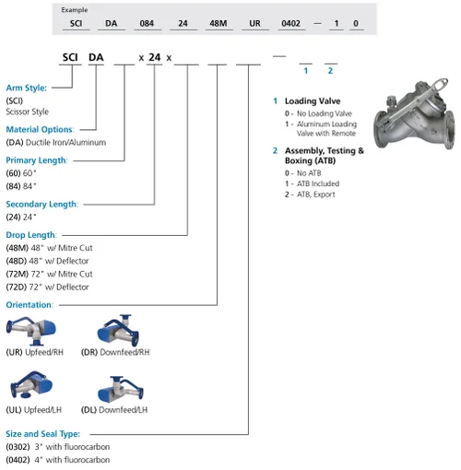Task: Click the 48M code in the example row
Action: pos(219,23)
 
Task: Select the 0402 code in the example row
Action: pos(290,23)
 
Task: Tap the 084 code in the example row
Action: pos(147,23)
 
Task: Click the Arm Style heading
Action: pos(27,88)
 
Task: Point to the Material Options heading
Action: pos(40,129)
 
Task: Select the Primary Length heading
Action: pos(37,160)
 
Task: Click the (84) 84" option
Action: pos(21,186)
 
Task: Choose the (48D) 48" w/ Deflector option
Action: pos(47,261)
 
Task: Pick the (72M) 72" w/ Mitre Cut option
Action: pos(49,274)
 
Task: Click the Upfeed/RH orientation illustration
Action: pos(31,331)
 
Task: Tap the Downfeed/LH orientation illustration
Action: pos(121,390)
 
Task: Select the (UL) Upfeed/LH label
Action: pos(34,410)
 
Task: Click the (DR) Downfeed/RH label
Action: pos(115,352)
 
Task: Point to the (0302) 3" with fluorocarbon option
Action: pos(58,447)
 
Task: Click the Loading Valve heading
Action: pos(313,101)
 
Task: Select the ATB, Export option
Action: pos(310,194)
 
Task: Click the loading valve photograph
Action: pos(414,114)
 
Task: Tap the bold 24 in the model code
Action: pos(155,57)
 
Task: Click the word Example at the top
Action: pos(75,10)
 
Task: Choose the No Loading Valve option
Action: pos(318,113)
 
